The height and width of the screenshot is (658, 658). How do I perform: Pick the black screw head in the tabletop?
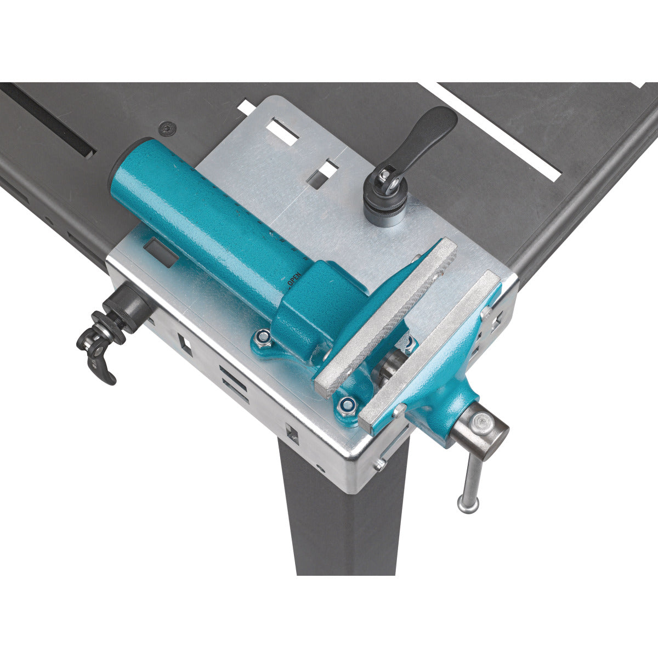167,128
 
